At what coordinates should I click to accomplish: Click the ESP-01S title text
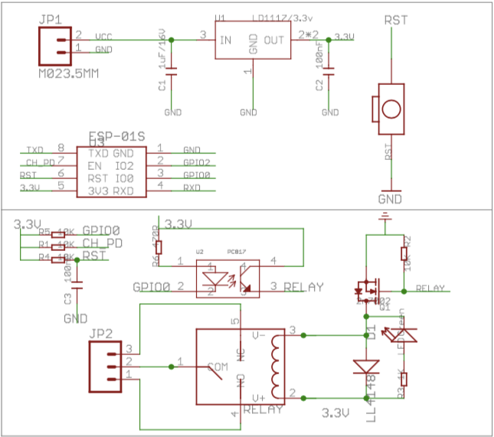[116, 135]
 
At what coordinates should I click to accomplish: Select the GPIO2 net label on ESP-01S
[196, 162]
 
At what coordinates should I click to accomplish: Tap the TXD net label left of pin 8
[35, 149]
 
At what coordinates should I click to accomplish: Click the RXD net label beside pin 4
[191, 187]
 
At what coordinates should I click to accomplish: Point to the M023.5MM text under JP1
[69, 73]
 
